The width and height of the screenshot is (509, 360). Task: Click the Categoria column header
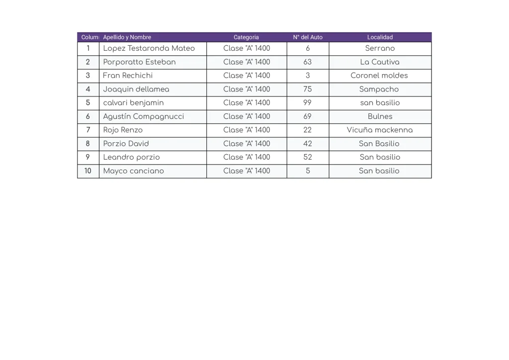pos(246,37)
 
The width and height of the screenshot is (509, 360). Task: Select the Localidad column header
pos(380,37)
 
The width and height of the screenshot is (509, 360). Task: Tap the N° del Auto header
pos(308,37)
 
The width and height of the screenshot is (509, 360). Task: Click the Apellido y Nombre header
pos(127,37)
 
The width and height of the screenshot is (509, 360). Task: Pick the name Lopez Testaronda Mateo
pos(149,49)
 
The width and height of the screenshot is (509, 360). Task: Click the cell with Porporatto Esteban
pos(139,62)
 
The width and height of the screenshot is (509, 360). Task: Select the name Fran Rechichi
pos(128,76)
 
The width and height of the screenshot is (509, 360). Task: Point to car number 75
pos(308,90)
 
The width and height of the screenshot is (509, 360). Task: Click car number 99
pos(308,103)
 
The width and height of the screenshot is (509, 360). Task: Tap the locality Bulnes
pos(380,116)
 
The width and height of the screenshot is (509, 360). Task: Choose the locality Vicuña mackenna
pos(380,130)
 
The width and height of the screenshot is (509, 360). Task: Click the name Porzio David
pos(126,144)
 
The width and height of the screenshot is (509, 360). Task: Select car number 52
pos(308,157)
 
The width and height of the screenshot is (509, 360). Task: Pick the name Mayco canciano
pos(133,171)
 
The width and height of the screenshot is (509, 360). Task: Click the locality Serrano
pos(380,49)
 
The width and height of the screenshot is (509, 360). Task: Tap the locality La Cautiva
pos(380,62)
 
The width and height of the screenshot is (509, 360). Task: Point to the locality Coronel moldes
pos(379,76)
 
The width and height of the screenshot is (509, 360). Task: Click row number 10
pos(88,171)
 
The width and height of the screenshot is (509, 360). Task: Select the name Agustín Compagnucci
pos(143,116)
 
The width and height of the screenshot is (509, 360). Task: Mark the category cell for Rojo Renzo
pos(247,130)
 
